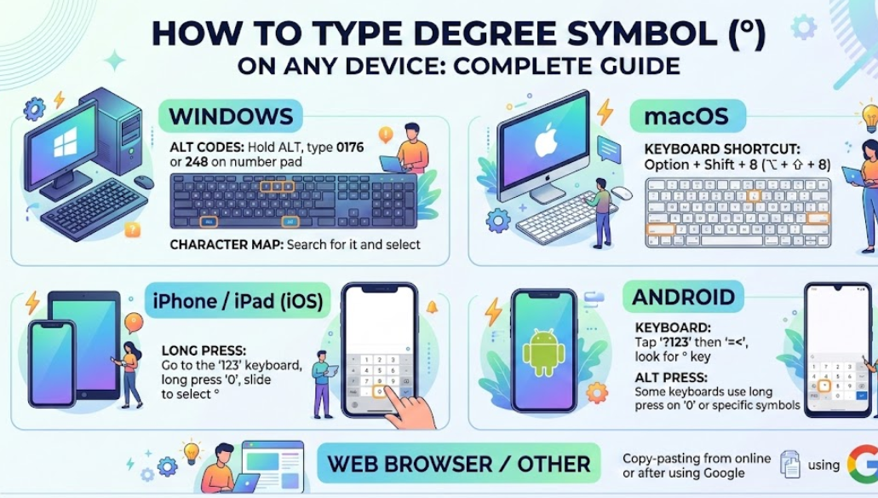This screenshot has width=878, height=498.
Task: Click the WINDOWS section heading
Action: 231,115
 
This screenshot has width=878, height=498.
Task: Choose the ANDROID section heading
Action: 684,297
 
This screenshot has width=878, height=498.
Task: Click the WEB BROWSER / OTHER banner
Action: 459,464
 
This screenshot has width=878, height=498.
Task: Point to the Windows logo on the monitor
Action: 66,146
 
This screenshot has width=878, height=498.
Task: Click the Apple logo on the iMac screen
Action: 545,142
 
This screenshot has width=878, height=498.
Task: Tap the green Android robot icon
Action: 543,353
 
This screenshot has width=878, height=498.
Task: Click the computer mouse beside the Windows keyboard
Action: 143,182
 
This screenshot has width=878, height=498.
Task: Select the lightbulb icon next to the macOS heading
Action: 868,115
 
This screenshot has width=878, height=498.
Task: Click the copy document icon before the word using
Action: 789,465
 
